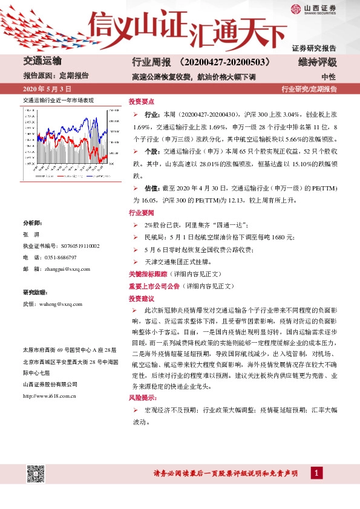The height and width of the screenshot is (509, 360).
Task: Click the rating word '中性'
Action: (x=329, y=77)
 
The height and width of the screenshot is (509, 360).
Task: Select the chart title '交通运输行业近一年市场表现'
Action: (x=58, y=100)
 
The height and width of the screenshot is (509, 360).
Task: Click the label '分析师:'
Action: (x=33, y=223)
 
